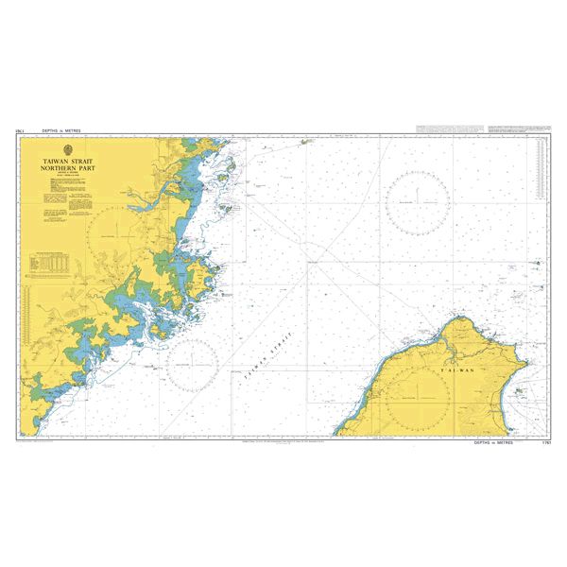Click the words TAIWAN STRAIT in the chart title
tap(68, 162)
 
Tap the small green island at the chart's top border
tap(306, 142)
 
